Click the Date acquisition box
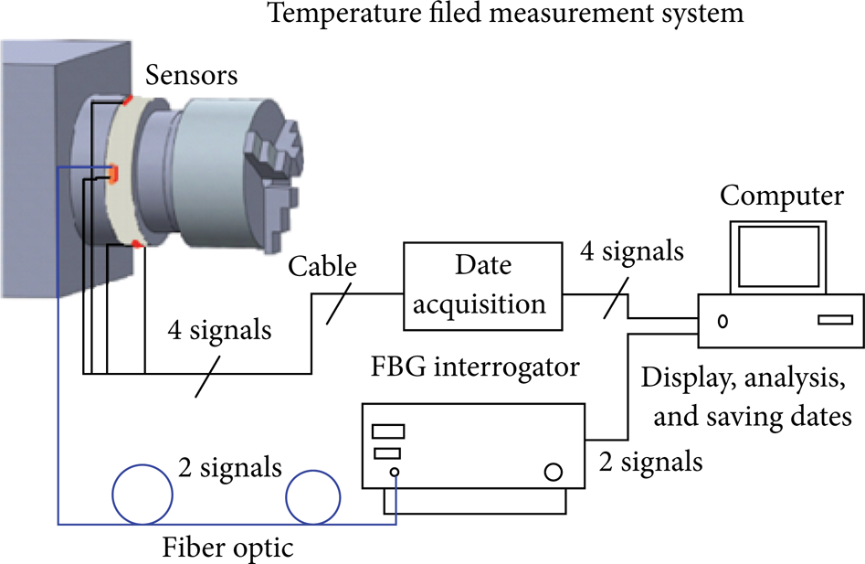pyautogui.click(x=482, y=286)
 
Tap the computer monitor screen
pyautogui.click(x=778, y=256)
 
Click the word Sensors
pyautogui.click(x=192, y=75)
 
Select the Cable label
pyautogui.click(x=322, y=266)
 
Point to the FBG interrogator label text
pyautogui.click(x=475, y=367)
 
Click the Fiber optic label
pyautogui.click(x=227, y=548)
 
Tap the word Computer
pyautogui.click(x=782, y=196)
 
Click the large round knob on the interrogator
pyautogui.click(x=553, y=472)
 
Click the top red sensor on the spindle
pyautogui.click(x=128, y=101)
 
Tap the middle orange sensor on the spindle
pyautogui.click(x=113, y=174)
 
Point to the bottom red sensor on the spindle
pyautogui.click(x=137, y=244)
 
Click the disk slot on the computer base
pyautogui.click(x=835, y=320)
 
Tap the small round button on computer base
pyautogui.click(x=723, y=321)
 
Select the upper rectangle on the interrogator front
pyautogui.click(x=388, y=431)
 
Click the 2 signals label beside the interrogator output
pyautogui.click(x=651, y=462)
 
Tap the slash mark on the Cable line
pyautogui.click(x=338, y=304)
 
